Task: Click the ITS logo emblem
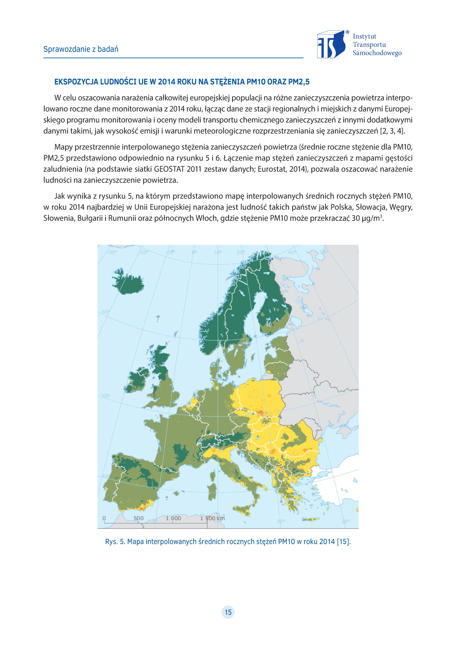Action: pyautogui.click(x=331, y=44)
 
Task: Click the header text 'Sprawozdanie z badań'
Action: pyautogui.click(x=81, y=49)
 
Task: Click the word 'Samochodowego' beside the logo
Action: pyautogui.click(x=377, y=53)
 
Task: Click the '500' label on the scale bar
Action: pyautogui.click(x=138, y=518)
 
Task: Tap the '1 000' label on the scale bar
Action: pyautogui.click(x=173, y=518)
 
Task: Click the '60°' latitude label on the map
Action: pyautogui.click(x=106, y=312)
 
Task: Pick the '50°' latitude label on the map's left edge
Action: pyautogui.click(x=106, y=396)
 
